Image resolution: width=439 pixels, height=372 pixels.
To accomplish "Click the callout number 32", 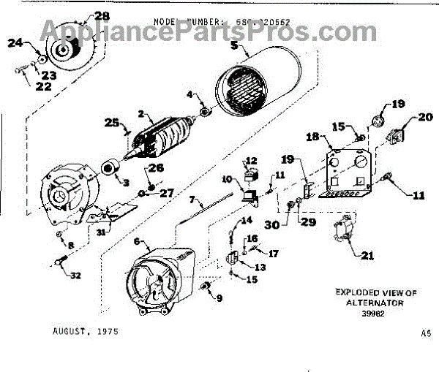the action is pyautogui.click(x=75, y=275).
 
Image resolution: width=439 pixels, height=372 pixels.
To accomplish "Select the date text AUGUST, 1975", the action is pyautogui.click(x=85, y=331).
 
